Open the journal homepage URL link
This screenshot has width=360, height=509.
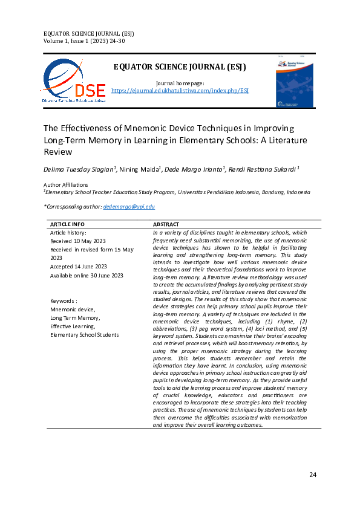tap(180, 90)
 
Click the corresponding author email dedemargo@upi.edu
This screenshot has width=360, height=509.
tap(129, 206)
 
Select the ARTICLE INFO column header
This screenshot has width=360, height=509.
tap(67, 224)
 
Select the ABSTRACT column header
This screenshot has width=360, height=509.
tap(167, 224)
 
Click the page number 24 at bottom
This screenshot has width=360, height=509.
tap(313, 475)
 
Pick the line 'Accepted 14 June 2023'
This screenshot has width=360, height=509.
tap(79, 266)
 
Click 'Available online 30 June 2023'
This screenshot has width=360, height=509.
tap(87, 275)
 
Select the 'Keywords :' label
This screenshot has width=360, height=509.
tap(64, 300)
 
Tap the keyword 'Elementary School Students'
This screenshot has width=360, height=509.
tap(84, 334)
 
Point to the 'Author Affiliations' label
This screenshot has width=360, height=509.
tap(66, 184)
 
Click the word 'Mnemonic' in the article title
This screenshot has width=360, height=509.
tap(149, 129)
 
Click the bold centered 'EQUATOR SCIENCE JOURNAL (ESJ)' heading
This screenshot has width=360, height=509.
tap(180, 66)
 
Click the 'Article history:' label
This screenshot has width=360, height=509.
tap(68, 232)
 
